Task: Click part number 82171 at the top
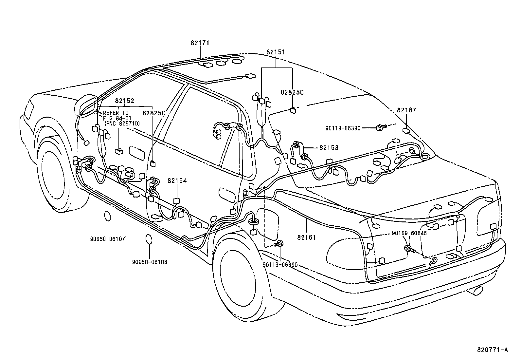point(200,43)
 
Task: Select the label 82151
point(275,52)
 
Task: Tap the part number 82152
point(125,101)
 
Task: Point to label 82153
point(329,148)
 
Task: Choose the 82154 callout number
point(177,180)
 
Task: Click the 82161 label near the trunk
point(307,237)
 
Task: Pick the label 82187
point(406,110)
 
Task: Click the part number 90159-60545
point(409,233)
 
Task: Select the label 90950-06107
point(108,239)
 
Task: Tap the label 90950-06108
point(150,262)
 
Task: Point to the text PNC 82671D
point(122,123)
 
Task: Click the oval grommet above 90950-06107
point(108,217)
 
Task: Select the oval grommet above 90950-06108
point(149,239)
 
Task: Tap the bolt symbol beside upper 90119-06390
point(381,127)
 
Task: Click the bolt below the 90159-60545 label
point(409,249)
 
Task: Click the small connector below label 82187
point(407,131)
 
